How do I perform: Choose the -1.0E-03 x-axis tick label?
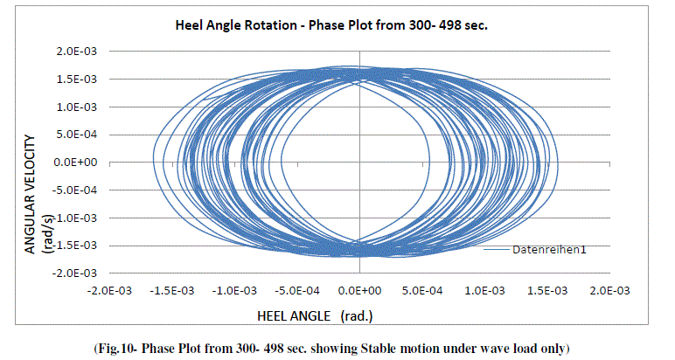point(234,290)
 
